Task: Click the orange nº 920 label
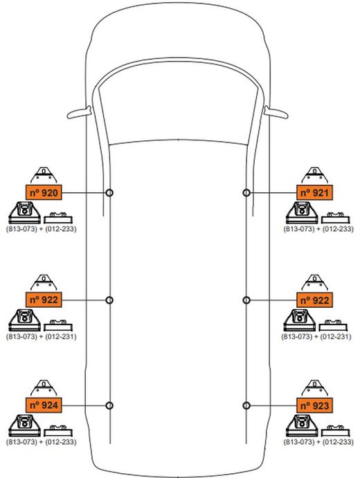tap(44, 192)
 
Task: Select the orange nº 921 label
tap(315, 192)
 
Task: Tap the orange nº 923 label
tap(315, 405)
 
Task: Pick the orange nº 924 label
tap(44, 405)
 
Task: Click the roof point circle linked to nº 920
tap(109, 192)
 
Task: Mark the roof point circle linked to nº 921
tap(247, 192)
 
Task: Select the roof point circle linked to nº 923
tap(247, 405)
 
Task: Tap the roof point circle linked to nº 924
tap(109, 405)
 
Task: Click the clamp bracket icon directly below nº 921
tap(302, 212)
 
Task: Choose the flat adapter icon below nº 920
tap(60, 215)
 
